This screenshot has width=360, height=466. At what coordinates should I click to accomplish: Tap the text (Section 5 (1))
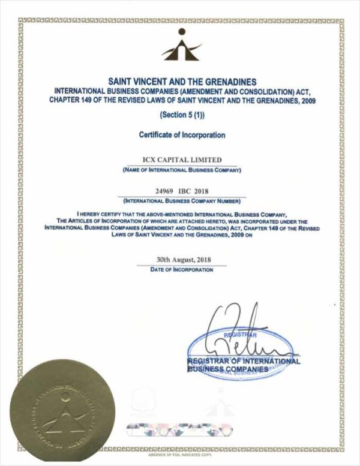tap(181, 115)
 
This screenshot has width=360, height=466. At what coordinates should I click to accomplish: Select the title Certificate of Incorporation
tap(181, 135)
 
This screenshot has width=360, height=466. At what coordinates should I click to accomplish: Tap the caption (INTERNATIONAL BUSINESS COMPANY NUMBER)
tap(181, 200)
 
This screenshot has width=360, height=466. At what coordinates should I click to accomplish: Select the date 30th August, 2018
tap(181, 260)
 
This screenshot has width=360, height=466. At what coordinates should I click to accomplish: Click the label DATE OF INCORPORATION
tap(181, 270)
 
